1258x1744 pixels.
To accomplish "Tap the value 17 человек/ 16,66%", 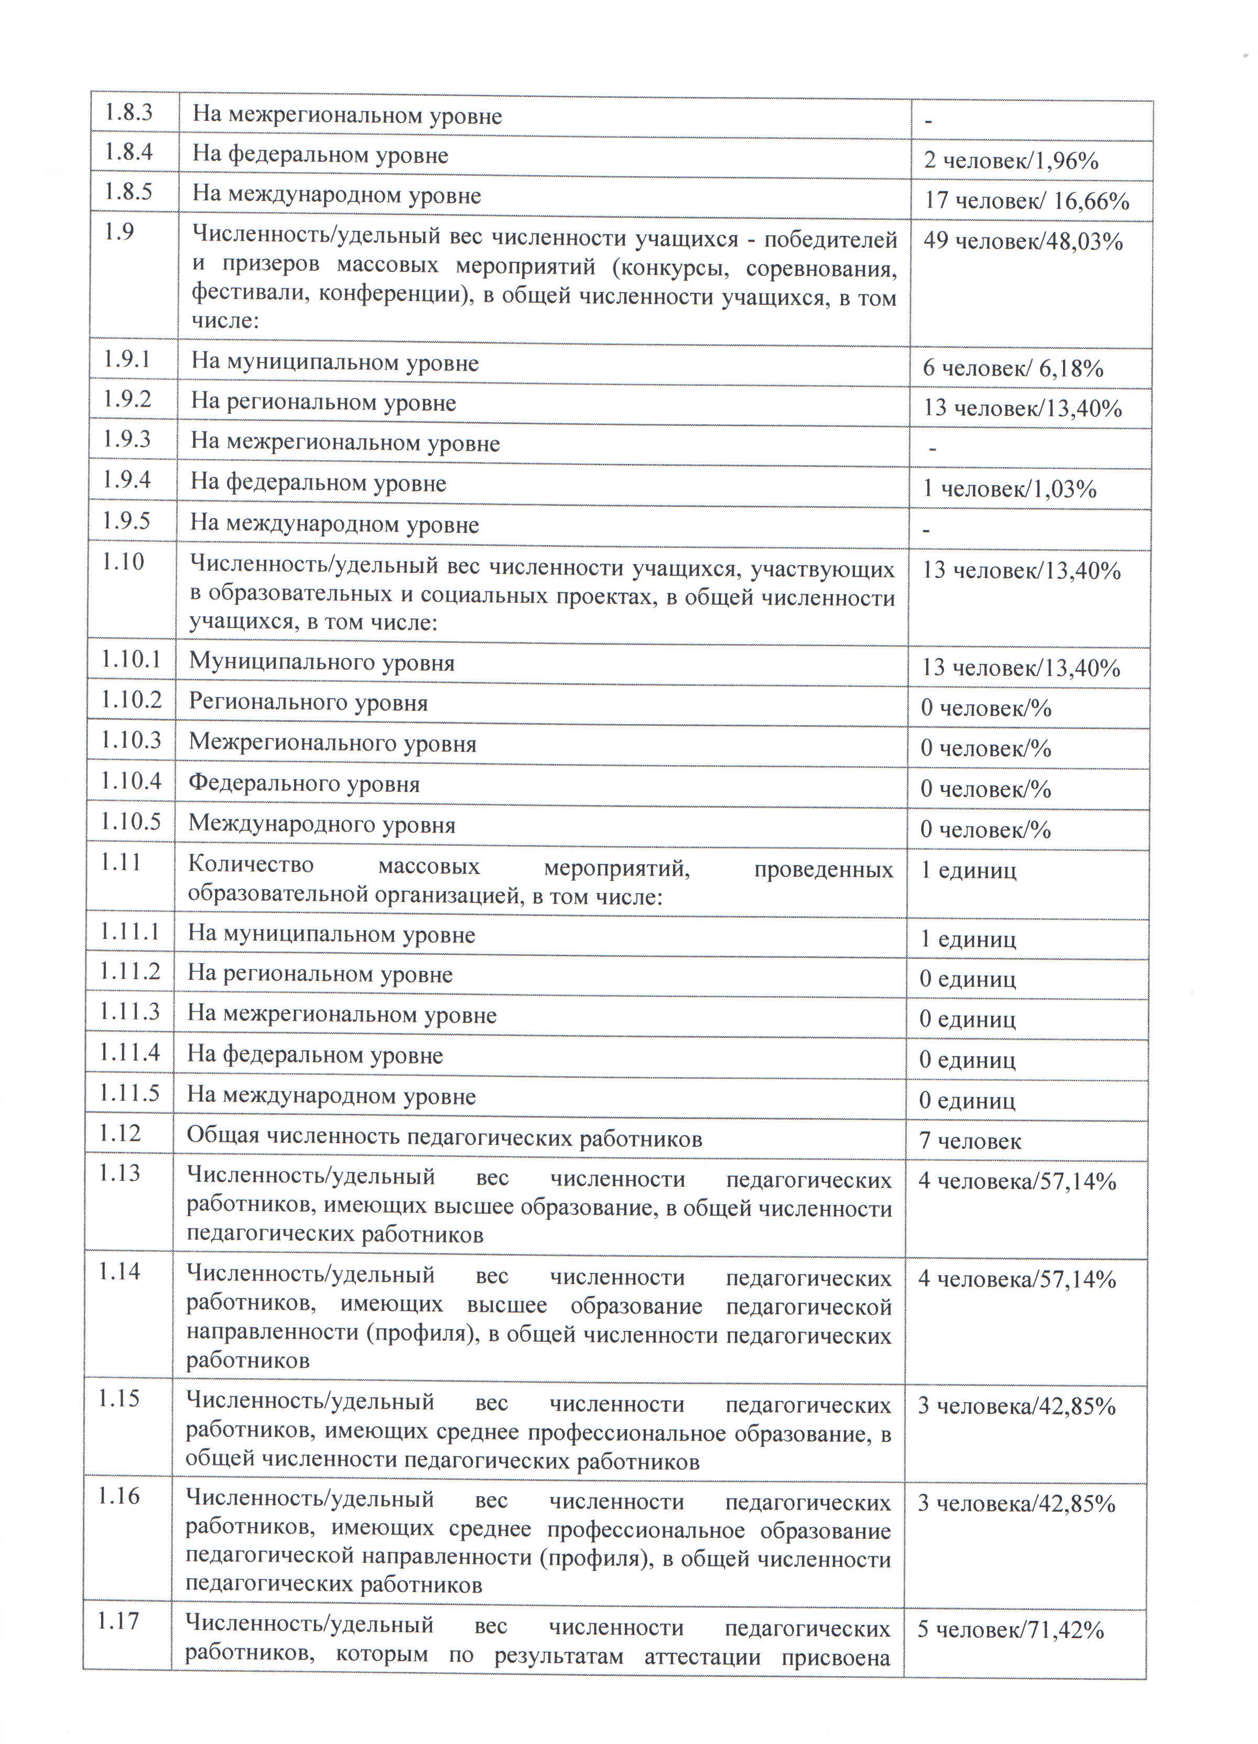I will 1026,201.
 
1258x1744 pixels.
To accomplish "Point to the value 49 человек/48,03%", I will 1023,241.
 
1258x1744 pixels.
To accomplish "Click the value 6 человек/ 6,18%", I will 1013,368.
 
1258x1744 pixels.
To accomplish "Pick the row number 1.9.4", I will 127,480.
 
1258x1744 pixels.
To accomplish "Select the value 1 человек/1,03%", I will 1010,489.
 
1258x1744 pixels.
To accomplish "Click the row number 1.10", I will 123,562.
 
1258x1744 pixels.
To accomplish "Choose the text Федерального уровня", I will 304,785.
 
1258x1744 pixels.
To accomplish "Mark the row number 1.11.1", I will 128,932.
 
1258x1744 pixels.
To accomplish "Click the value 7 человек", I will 970,1142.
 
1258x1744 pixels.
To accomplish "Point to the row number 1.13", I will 120,1174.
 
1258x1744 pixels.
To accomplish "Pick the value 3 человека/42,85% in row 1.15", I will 1016,1406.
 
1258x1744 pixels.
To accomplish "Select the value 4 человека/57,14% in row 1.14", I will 1016,1279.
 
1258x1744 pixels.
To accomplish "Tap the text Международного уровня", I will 322,825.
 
